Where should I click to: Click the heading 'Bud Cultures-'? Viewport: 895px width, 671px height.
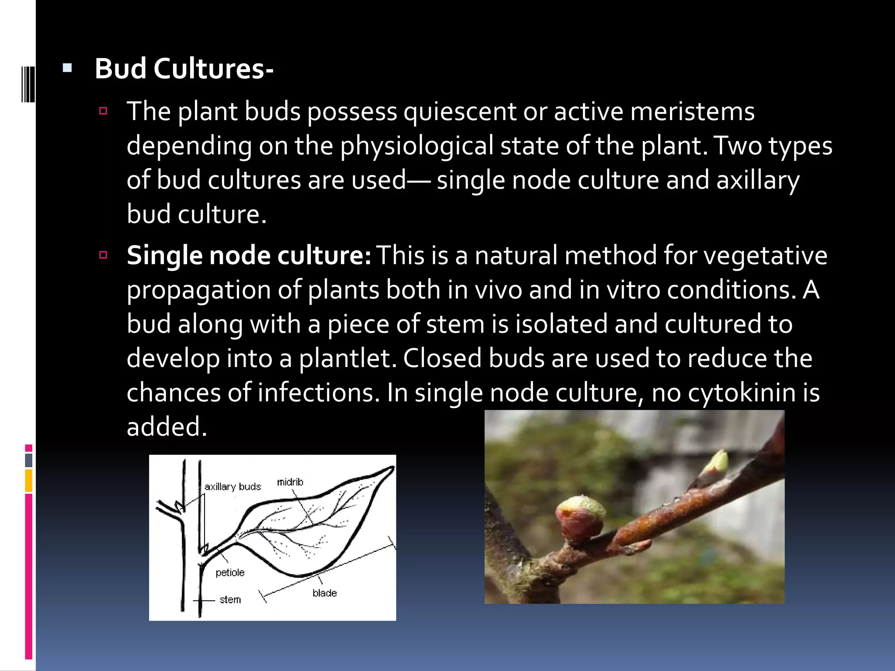184,69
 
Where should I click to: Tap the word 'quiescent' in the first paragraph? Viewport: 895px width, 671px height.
460,111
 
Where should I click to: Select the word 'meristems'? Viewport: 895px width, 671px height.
692,111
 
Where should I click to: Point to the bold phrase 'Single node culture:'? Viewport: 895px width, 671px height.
249,256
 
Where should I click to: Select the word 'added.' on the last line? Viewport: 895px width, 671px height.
167,427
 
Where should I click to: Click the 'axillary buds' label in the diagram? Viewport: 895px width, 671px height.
232,487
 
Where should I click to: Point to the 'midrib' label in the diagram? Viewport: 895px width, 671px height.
290,482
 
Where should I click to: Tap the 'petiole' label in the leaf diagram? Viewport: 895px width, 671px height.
230,572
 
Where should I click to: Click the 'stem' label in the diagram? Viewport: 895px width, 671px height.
230,599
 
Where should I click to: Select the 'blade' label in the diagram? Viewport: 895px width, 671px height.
324,593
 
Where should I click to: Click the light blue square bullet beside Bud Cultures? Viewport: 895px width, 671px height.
67,68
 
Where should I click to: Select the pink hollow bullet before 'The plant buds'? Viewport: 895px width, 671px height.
103,111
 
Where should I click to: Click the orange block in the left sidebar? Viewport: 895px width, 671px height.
28,480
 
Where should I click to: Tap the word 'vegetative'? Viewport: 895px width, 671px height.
766,256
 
